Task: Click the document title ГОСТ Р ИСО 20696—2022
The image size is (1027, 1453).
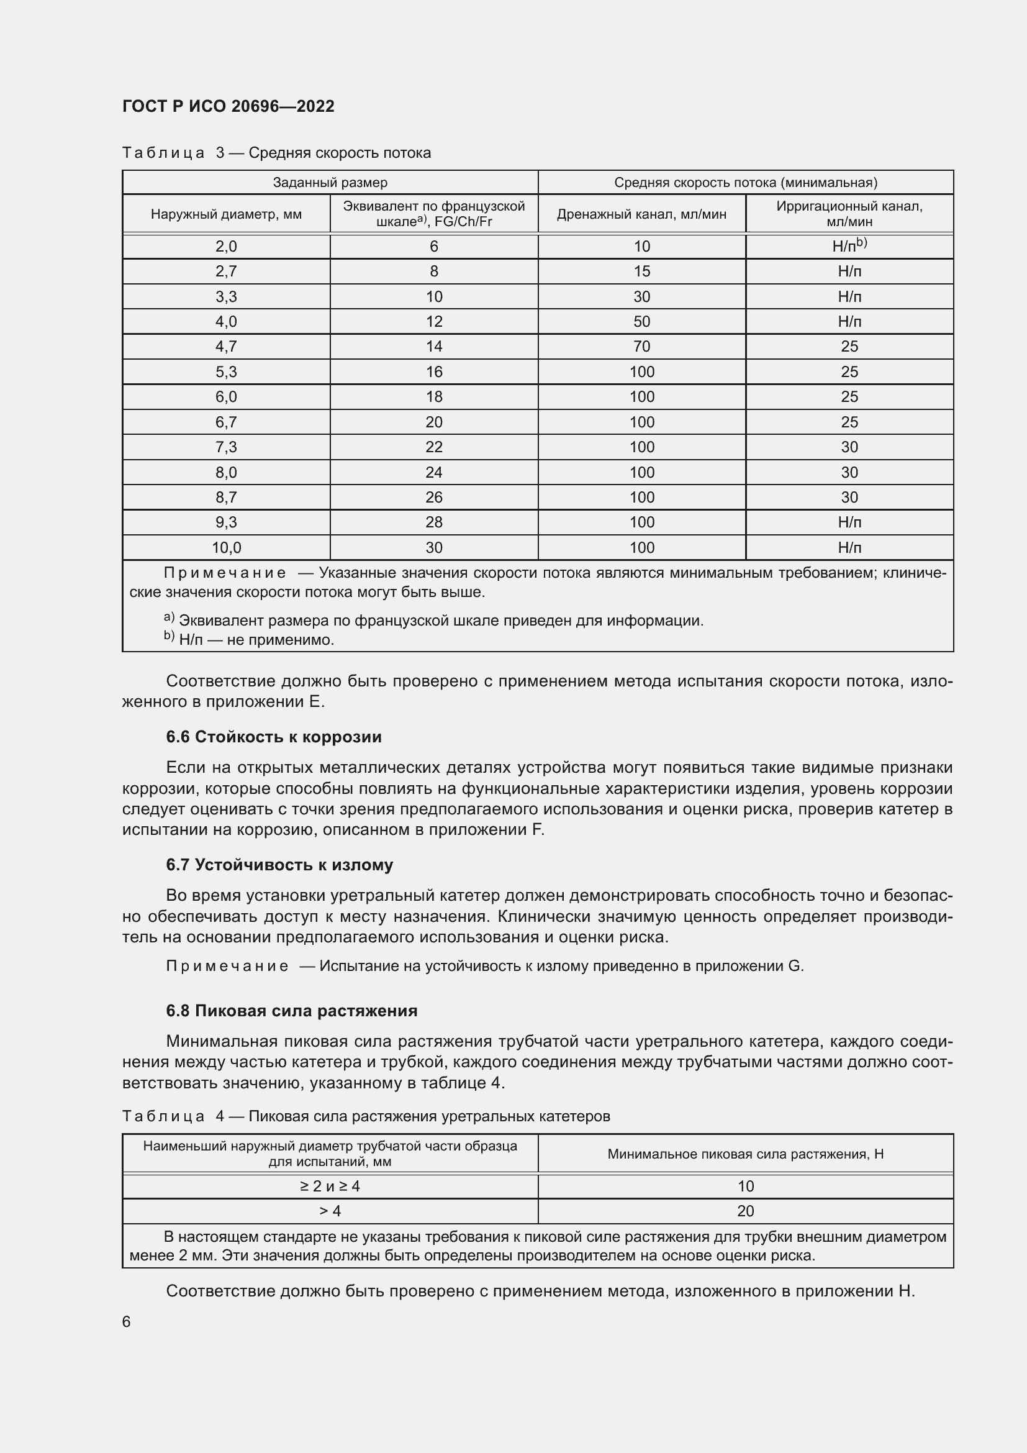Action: click(228, 106)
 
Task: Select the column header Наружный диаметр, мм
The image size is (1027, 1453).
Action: click(226, 214)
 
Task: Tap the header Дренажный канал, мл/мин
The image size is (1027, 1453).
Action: click(641, 214)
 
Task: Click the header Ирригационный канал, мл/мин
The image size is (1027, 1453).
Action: click(849, 214)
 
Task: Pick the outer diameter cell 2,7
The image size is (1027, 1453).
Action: click(226, 271)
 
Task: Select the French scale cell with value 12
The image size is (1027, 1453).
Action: click(434, 322)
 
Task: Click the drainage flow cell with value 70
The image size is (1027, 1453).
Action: click(641, 347)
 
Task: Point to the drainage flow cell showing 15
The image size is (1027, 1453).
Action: click(641, 271)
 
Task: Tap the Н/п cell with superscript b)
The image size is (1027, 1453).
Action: click(849, 246)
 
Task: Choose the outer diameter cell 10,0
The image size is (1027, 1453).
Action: click(226, 547)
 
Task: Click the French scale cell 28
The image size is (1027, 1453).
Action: click(434, 522)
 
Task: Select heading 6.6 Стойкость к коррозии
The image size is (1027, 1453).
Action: click(274, 737)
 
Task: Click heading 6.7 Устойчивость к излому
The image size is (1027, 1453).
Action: click(279, 865)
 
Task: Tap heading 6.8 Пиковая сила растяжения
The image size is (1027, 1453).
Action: click(292, 1011)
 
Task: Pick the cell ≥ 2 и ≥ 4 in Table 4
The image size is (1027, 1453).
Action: click(330, 1186)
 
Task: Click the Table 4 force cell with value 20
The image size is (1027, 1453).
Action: click(746, 1211)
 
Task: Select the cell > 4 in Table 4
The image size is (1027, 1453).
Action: click(330, 1211)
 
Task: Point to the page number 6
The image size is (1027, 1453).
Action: click(127, 1322)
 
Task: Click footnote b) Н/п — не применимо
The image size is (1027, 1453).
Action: click(249, 640)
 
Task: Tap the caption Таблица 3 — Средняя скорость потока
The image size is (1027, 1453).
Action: click(276, 153)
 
